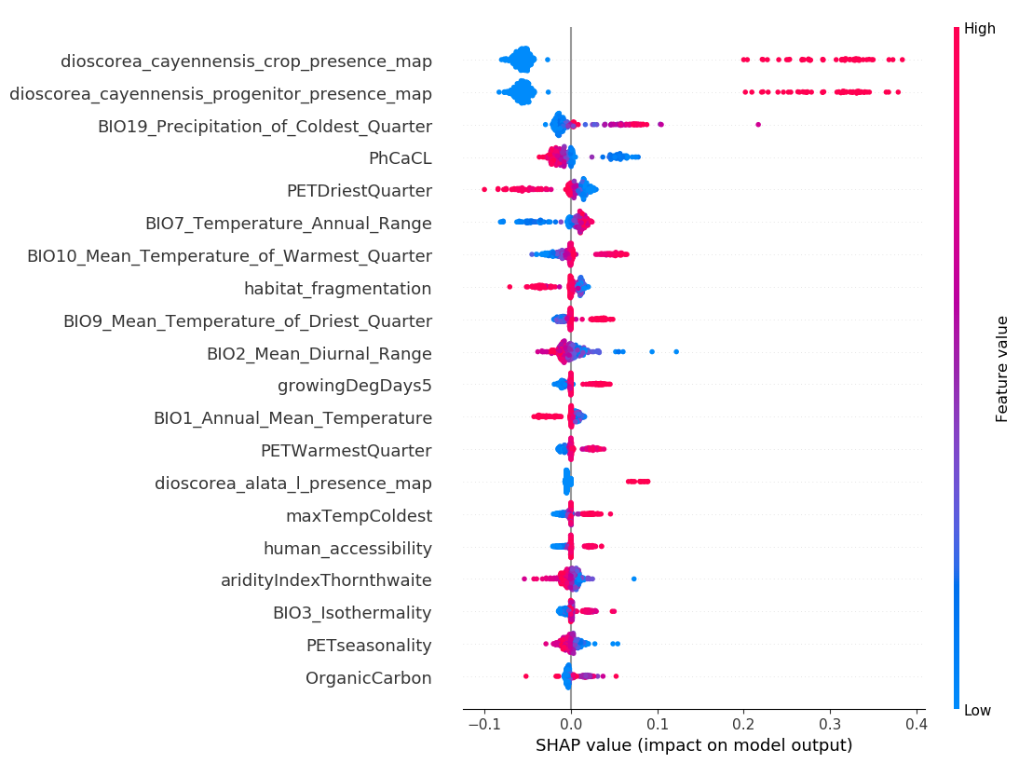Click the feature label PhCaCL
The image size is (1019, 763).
point(400,158)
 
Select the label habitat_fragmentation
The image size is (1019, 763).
point(337,289)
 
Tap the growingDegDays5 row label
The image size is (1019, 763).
point(354,386)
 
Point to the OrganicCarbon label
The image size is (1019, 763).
point(368,678)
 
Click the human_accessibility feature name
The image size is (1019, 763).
point(347,549)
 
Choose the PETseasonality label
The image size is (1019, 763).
point(369,646)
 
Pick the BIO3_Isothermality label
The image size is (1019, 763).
point(352,613)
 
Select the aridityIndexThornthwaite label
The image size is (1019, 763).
point(326,580)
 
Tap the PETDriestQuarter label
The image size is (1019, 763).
point(359,191)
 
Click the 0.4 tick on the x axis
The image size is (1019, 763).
point(916,723)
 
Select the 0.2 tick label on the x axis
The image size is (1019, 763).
point(743,723)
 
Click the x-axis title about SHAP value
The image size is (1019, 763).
point(694,745)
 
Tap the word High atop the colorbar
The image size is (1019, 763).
point(979,29)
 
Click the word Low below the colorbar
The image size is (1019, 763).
point(977,711)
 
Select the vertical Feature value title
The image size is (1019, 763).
point(1002,369)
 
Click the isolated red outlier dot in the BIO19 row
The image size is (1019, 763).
point(757,124)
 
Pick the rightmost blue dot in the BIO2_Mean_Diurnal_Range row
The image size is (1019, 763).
point(676,351)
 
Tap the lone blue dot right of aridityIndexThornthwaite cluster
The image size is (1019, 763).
point(633,579)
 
